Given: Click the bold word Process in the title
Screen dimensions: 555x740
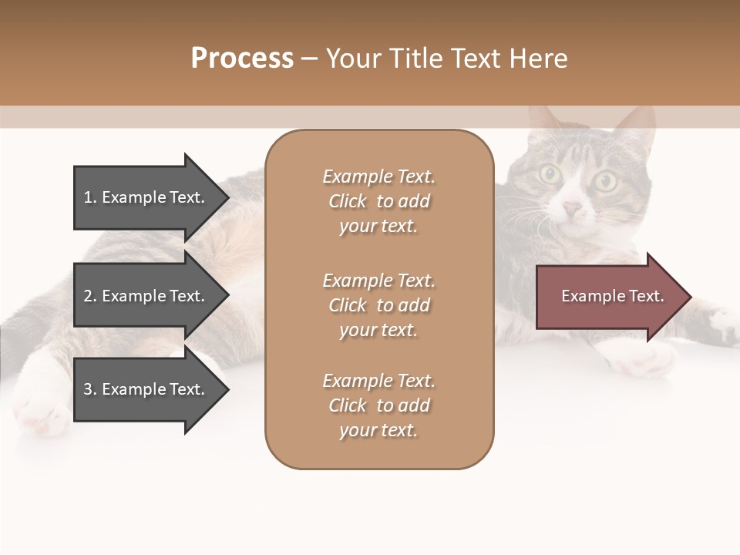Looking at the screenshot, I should click(x=242, y=59).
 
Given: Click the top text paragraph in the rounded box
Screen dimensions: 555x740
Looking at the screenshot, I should click(x=378, y=201).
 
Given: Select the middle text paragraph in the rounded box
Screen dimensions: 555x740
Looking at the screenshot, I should click(x=378, y=305).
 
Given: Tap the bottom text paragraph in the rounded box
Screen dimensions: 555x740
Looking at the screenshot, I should click(x=378, y=405).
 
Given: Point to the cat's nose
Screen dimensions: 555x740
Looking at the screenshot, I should click(x=571, y=208).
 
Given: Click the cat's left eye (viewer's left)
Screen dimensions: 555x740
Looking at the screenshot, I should click(x=550, y=174).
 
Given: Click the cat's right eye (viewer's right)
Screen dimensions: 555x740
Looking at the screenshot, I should click(x=606, y=181).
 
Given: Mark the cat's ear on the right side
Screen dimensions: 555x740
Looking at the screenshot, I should click(x=636, y=127).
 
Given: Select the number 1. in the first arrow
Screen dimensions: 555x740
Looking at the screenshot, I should click(x=90, y=197).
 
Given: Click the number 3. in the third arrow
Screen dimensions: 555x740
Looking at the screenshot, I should click(x=90, y=389).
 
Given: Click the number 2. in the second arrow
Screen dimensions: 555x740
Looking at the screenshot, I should click(x=90, y=296).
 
